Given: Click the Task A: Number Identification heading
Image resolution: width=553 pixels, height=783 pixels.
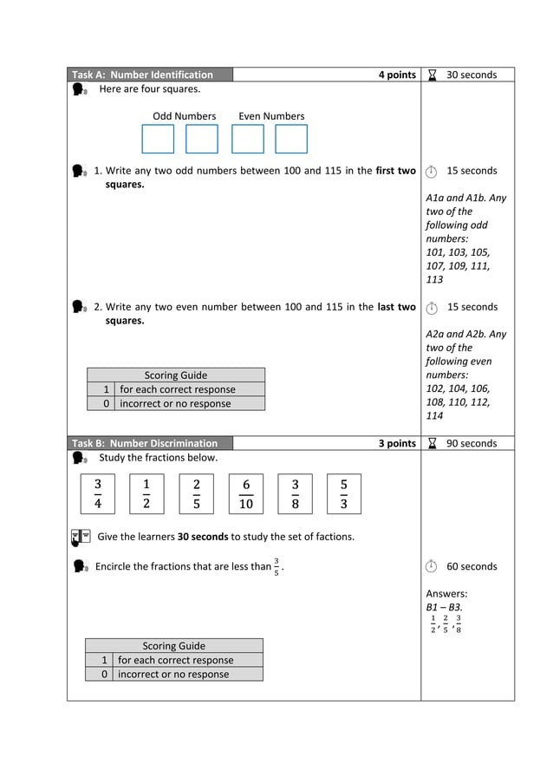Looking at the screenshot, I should tap(142, 75).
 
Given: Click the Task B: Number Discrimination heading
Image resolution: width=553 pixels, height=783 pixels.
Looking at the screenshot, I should tap(145, 443).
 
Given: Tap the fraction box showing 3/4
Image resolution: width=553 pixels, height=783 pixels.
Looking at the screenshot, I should tap(98, 493).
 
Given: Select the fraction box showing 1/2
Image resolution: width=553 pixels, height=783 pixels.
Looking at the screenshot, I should tap(146, 493).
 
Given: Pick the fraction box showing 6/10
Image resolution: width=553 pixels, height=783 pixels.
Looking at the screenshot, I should tap(246, 493).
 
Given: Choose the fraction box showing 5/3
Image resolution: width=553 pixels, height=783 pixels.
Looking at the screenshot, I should tap(344, 493).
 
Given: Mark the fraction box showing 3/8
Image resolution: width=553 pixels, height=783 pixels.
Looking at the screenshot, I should tap(295, 493).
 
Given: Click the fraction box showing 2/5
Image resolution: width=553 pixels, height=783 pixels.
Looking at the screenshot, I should tap(197, 493).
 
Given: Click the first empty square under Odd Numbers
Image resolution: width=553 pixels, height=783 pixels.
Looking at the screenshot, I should tap(158, 139).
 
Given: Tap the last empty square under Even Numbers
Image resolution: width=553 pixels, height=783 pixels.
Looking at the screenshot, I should tap(291, 139).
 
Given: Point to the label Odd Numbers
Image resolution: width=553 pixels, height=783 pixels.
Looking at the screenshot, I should tap(184, 116).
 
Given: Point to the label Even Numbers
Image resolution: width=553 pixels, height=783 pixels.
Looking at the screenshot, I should tap(271, 116).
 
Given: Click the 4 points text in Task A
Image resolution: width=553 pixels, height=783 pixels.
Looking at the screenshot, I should tap(397, 75).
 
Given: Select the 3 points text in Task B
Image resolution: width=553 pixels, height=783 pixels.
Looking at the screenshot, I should tap(397, 443).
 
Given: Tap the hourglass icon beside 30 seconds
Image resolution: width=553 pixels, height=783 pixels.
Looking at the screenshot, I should tap(432, 75).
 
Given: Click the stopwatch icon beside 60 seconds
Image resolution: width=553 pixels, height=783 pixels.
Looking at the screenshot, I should tap(432, 566).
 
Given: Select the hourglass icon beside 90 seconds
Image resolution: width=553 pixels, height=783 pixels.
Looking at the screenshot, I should tap(432, 443).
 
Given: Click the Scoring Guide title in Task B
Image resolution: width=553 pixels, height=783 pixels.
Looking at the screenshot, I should tap(173, 646).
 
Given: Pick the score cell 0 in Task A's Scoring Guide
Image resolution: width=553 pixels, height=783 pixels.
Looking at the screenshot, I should tap(105, 403).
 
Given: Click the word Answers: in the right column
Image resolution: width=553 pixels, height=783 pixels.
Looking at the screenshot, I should tap(446, 594).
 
